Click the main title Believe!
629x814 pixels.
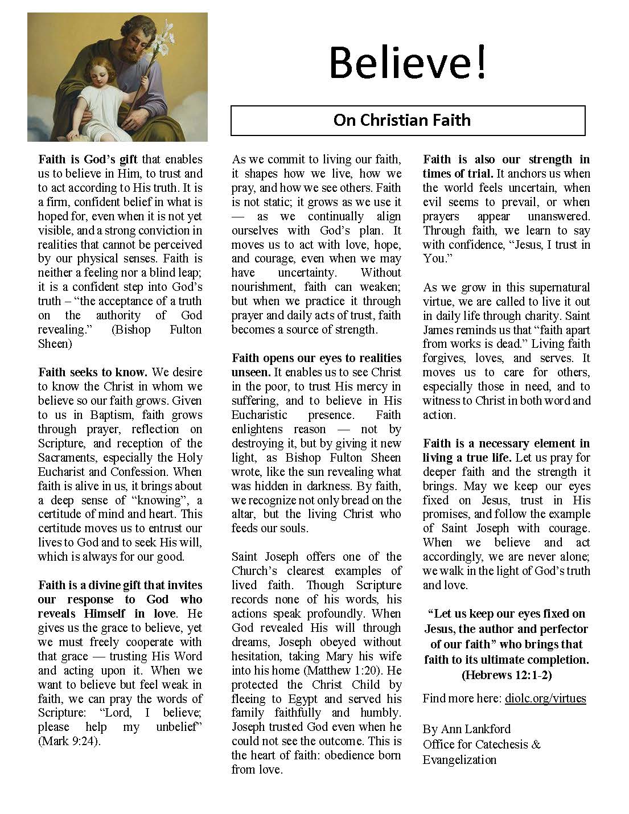(x=408, y=63)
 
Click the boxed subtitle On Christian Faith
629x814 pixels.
(x=402, y=120)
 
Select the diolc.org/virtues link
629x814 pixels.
(x=545, y=698)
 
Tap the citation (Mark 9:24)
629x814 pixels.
(x=69, y=741)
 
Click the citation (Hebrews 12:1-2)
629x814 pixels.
(x=506, y=675)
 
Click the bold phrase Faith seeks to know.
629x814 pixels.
(x=93, y=372)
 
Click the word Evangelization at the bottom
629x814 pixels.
(x=460, y=760)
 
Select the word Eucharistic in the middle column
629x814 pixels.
(x=260, y=415)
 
